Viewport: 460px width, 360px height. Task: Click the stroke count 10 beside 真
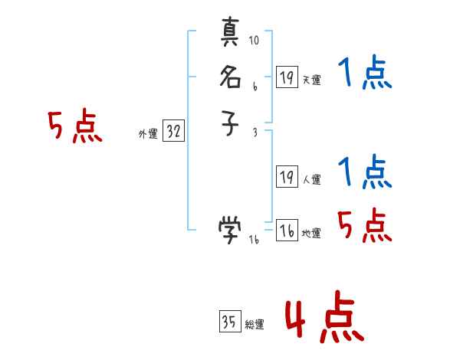(x=255, y=41)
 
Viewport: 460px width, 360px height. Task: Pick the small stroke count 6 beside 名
(x=254, y=87)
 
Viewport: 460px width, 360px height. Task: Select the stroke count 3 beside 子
(x=255, y=132)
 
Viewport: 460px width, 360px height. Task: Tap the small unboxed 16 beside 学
(x=255, y=239)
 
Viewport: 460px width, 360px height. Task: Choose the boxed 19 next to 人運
(x=287, y=177)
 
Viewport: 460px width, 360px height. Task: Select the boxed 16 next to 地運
(x=287, y=230)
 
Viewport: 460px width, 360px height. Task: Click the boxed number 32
(x=173, y=132)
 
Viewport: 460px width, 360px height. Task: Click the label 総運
(x=255, y=325)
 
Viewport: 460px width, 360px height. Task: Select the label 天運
(x=312, y=80)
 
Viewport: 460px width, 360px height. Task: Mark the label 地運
(x=312, y=234)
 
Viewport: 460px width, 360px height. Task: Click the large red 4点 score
(x=324, y=319)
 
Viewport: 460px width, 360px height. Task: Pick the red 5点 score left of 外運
(x=75, y=127)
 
